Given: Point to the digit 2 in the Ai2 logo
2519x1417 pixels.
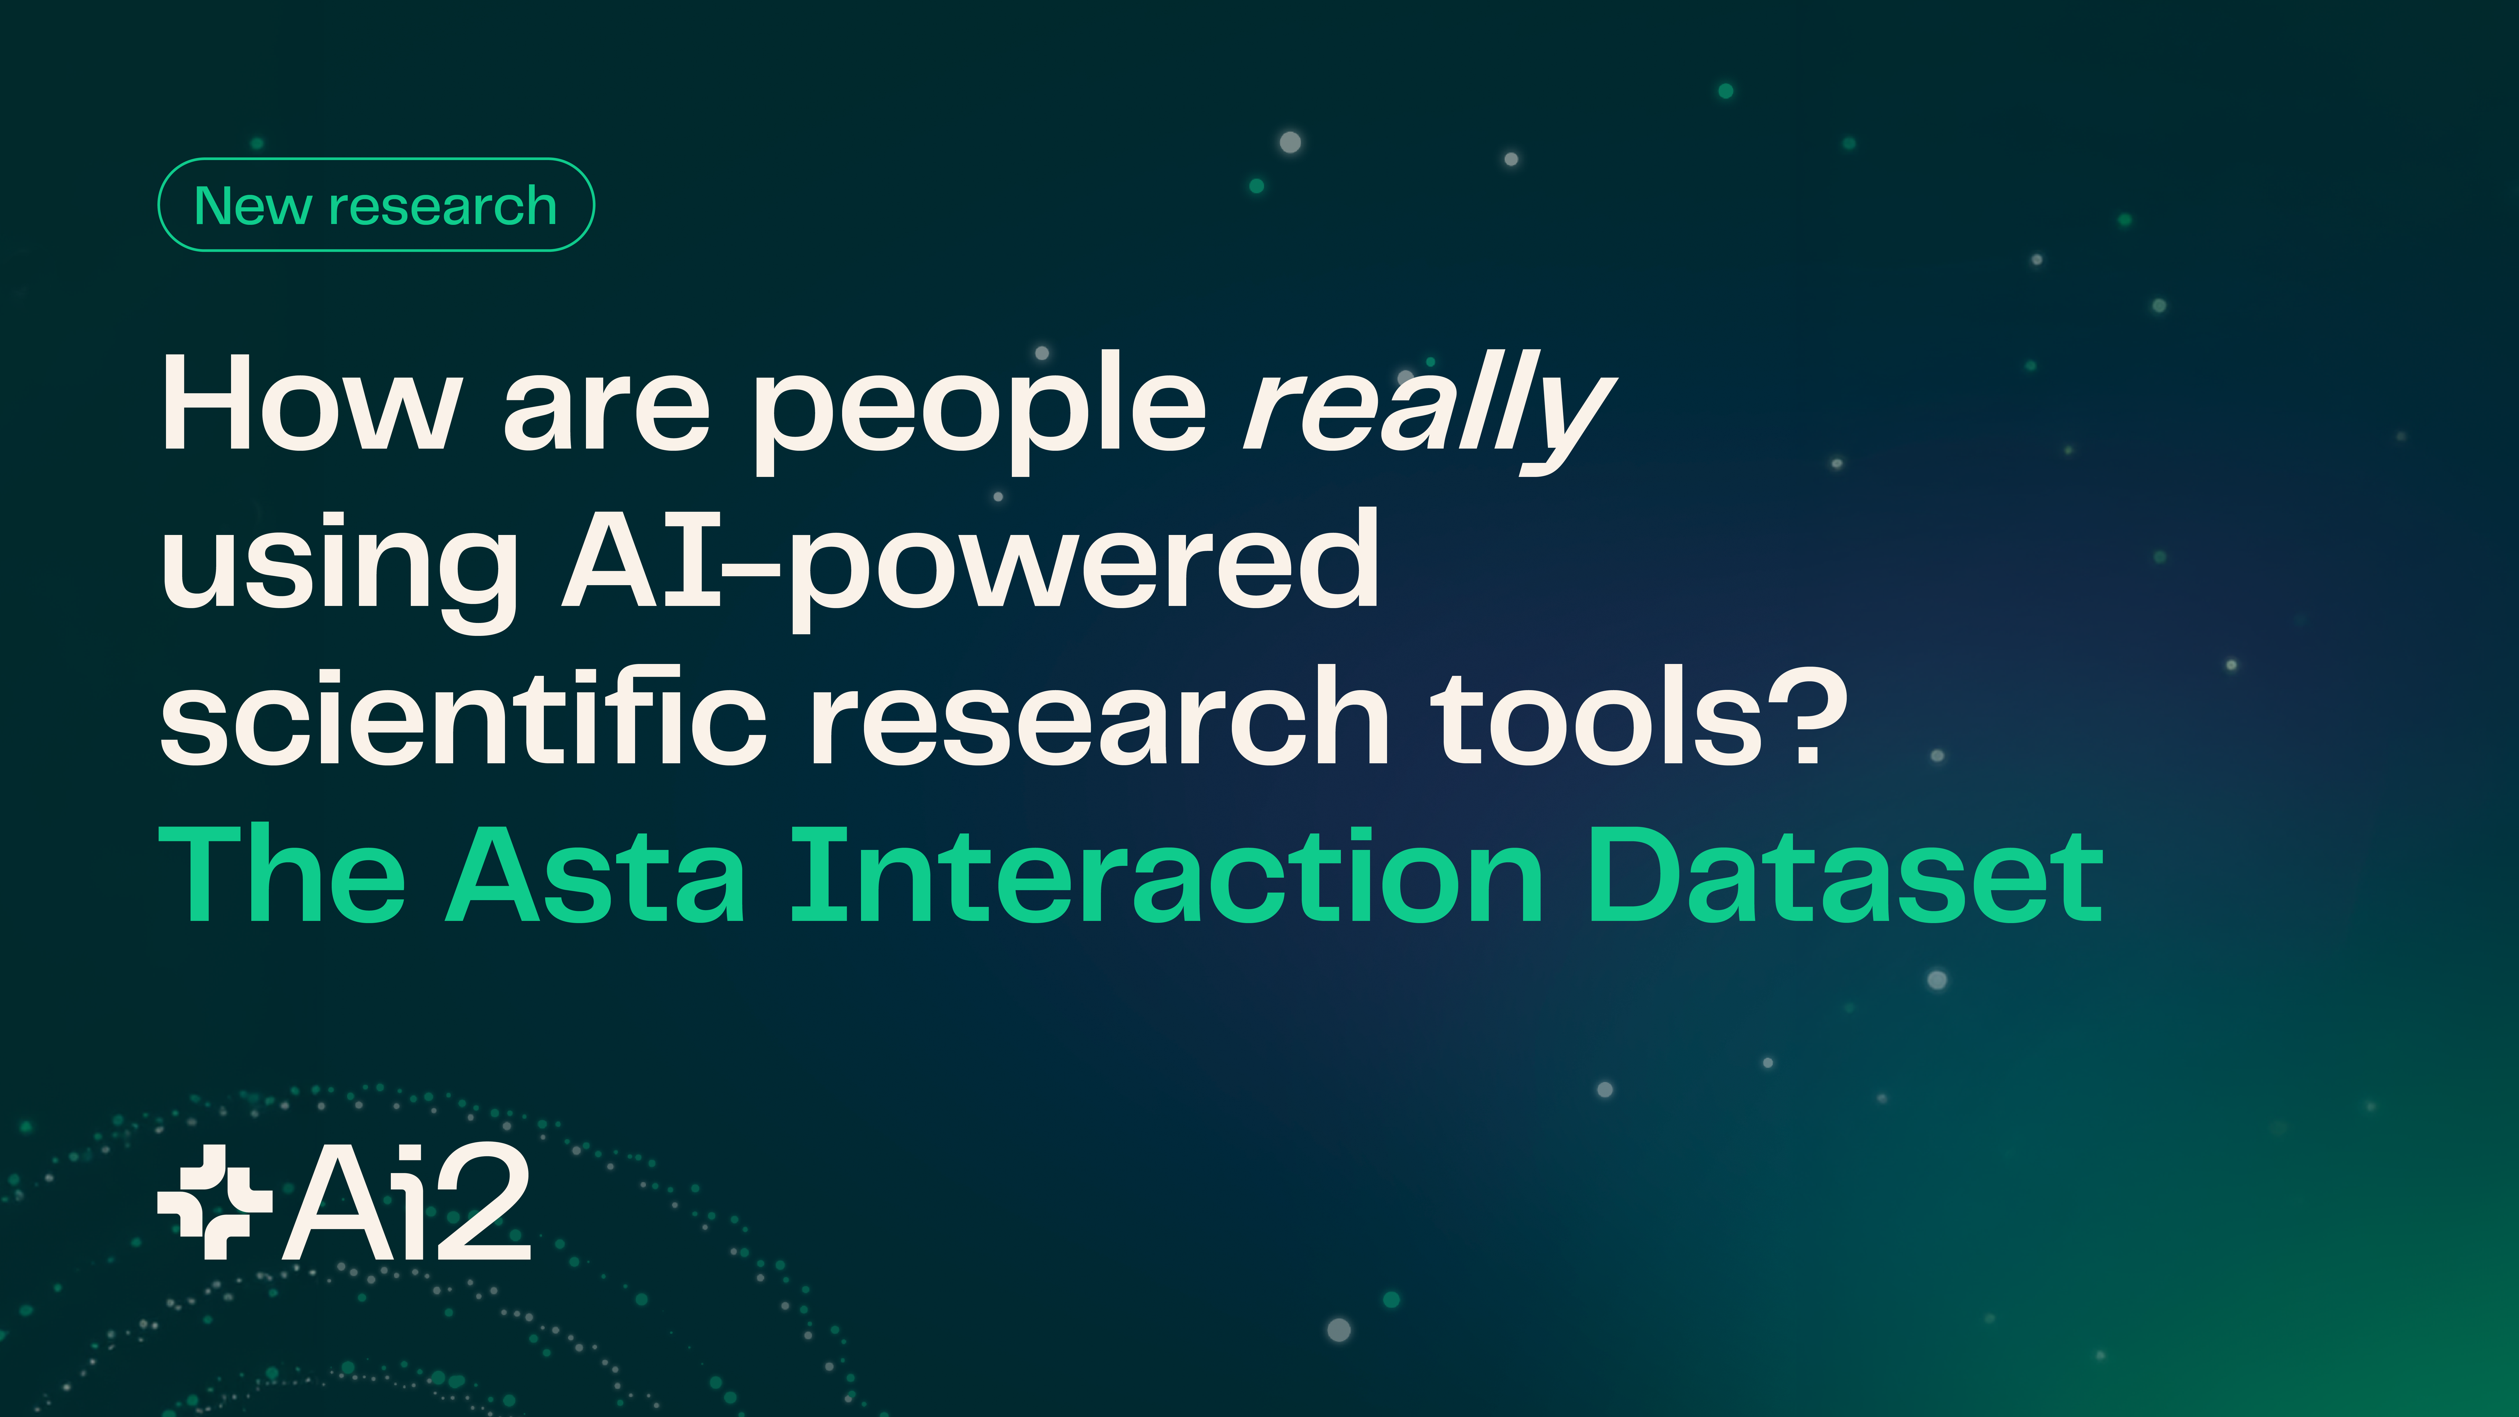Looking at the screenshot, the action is (x=483, y=1202).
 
